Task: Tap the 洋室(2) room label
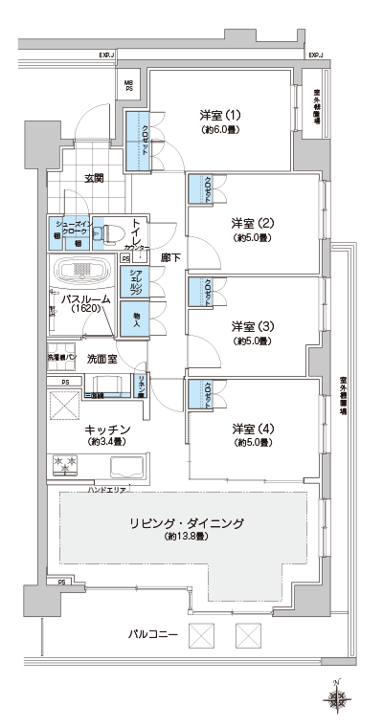[253, 223]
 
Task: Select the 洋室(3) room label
[253, 325]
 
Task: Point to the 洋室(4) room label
[253, 428]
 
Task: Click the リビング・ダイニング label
[187, 523]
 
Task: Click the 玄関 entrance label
[93, 178]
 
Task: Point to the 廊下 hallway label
[170, 257]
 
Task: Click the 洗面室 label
[101, 359]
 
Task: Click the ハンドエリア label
[106, 490]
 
